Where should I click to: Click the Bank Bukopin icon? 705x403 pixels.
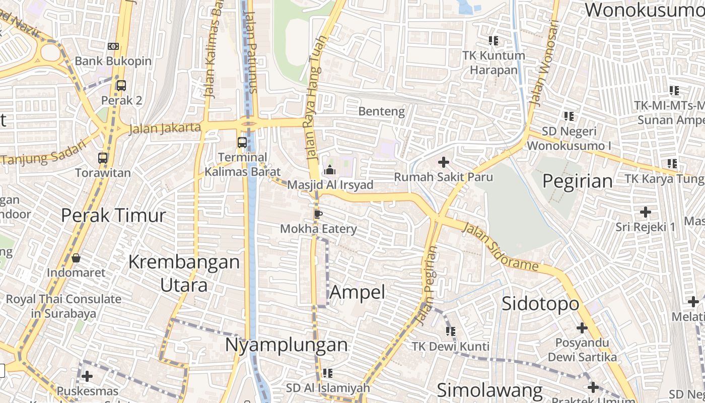[113, 46]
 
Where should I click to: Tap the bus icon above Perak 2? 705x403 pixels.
[121, 86]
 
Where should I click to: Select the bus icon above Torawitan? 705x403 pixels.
[103, 158]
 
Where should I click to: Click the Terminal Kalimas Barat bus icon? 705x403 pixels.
[242, 143]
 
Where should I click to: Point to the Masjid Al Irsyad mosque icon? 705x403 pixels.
[330, 170]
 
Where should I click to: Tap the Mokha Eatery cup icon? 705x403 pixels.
[318, 214]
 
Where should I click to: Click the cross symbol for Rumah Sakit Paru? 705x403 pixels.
[444, 162]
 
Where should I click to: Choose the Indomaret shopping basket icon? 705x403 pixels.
[76, 258]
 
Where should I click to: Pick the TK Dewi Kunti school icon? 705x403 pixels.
[451, 331]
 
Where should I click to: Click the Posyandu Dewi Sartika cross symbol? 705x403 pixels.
[582, 328]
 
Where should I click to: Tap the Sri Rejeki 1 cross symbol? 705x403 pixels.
[646, 212]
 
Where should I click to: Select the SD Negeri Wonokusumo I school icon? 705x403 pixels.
[569, 116]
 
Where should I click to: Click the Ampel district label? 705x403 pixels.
[358, 292]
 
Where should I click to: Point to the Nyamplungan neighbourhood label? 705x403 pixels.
[286, 345]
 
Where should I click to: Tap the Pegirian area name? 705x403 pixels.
[578, 181]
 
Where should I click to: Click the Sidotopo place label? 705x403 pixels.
[540, 304]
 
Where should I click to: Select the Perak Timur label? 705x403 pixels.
[113, 216]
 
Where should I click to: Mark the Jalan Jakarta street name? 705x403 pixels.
[165, 128]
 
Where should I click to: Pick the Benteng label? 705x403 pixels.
[382, 111]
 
